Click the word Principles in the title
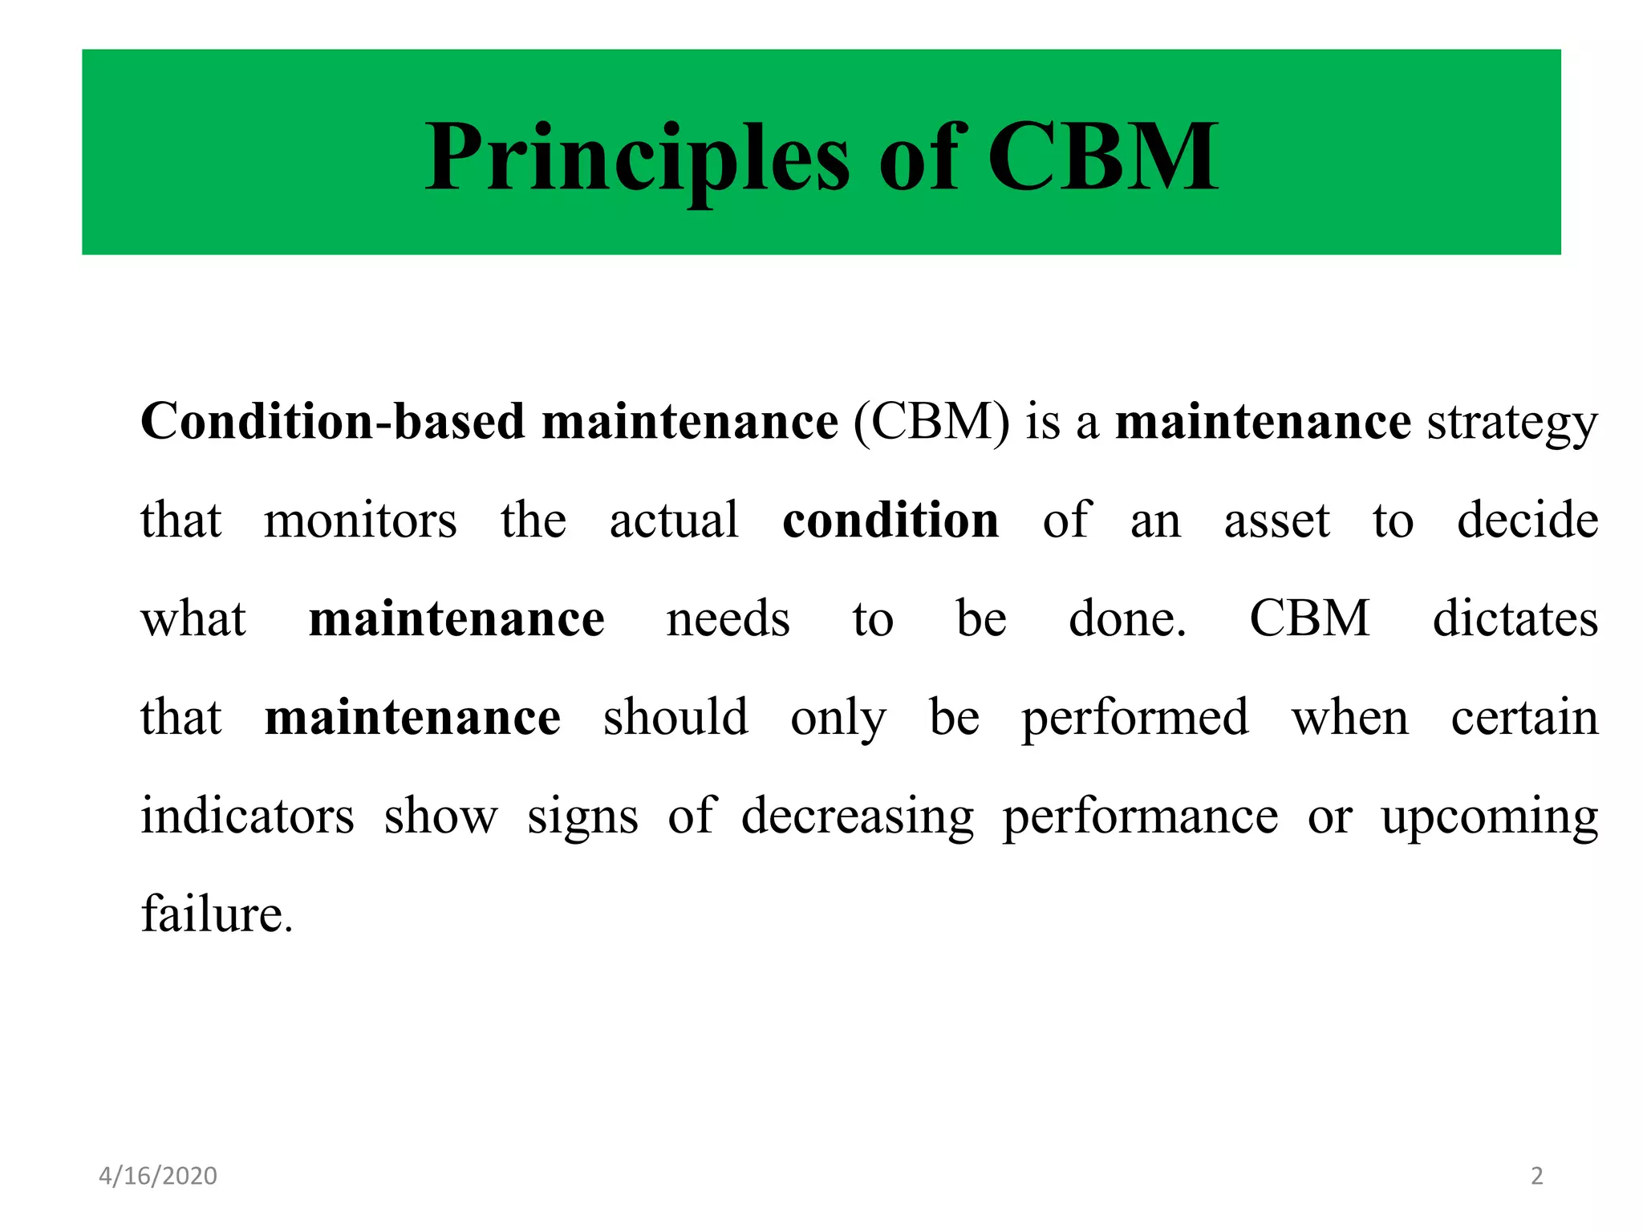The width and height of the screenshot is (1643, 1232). click(636, 157)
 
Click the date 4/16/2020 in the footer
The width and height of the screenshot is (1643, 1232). click(158, 1176)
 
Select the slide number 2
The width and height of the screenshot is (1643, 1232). click(1536, 1176)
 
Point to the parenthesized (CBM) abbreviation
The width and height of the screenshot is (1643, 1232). click(931, 421)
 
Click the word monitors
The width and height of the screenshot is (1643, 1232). click(360, 520)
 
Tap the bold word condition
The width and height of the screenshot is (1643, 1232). click(890, 520)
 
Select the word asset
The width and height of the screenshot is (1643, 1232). click(1276, 521)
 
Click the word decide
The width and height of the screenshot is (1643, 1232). click(1527, 520)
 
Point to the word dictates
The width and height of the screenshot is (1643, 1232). click(1515, 618)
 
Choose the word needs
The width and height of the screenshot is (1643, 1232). click(728, 619)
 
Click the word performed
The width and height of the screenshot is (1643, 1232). click(1135, 718)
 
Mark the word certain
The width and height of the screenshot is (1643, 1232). click(1524, 717)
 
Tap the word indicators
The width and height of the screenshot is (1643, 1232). click(248, 816)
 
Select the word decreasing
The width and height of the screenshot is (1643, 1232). click(858, 817)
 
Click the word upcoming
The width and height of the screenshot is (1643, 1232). click(1490, 817)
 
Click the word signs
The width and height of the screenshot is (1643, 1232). click(583, 817)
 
